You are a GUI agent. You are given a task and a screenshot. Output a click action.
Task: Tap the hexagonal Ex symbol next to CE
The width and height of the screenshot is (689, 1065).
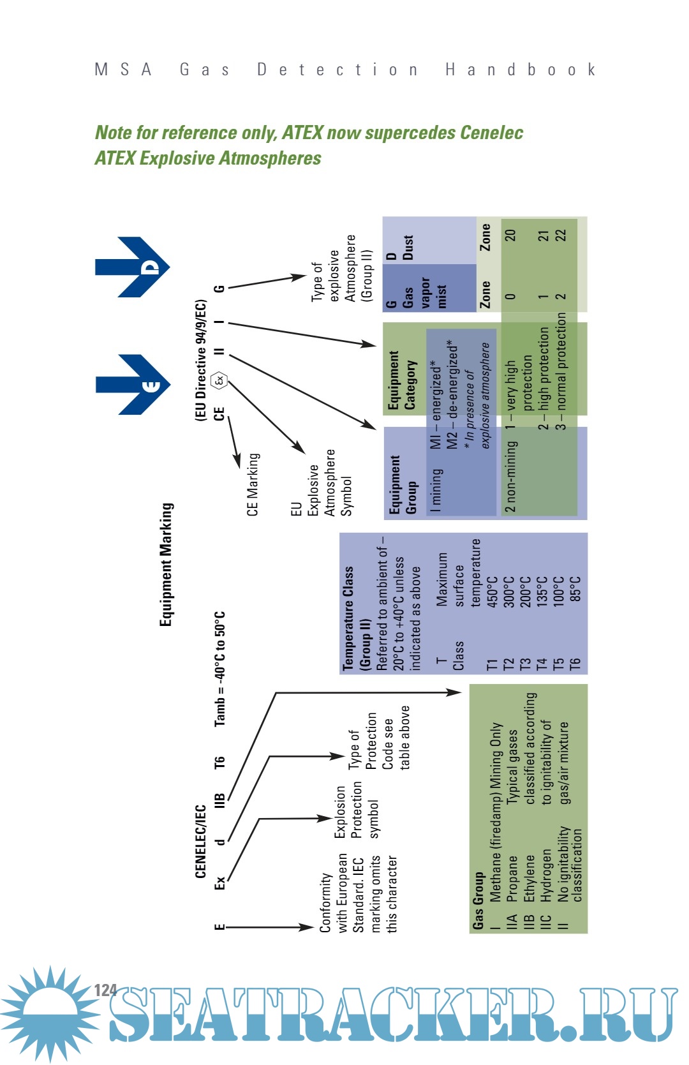click(219, 381)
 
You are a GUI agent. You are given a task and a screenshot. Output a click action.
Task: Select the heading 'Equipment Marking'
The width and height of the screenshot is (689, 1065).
click(166, 564)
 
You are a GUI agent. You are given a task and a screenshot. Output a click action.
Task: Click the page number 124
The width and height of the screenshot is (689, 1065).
click(105, 990)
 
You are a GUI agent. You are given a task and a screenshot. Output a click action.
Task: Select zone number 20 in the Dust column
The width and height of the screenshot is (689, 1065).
click(510, 235)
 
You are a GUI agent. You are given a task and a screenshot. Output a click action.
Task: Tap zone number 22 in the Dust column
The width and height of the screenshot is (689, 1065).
click(560, 235)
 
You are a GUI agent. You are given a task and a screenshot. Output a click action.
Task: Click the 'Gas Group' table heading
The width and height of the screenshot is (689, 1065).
click(478, 900)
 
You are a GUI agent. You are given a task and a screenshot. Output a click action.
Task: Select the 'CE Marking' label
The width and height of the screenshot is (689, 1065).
click(253, 484)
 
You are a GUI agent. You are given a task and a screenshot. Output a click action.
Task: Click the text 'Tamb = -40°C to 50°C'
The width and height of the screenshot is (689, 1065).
click(219, 669)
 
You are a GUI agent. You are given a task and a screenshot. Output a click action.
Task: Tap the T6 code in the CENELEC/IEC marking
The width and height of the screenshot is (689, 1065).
click(219, 762)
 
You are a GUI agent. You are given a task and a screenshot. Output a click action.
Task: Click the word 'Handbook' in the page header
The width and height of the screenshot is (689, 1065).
click(520, 70)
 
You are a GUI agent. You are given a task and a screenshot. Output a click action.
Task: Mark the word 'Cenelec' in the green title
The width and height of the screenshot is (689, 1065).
click(491, 133)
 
